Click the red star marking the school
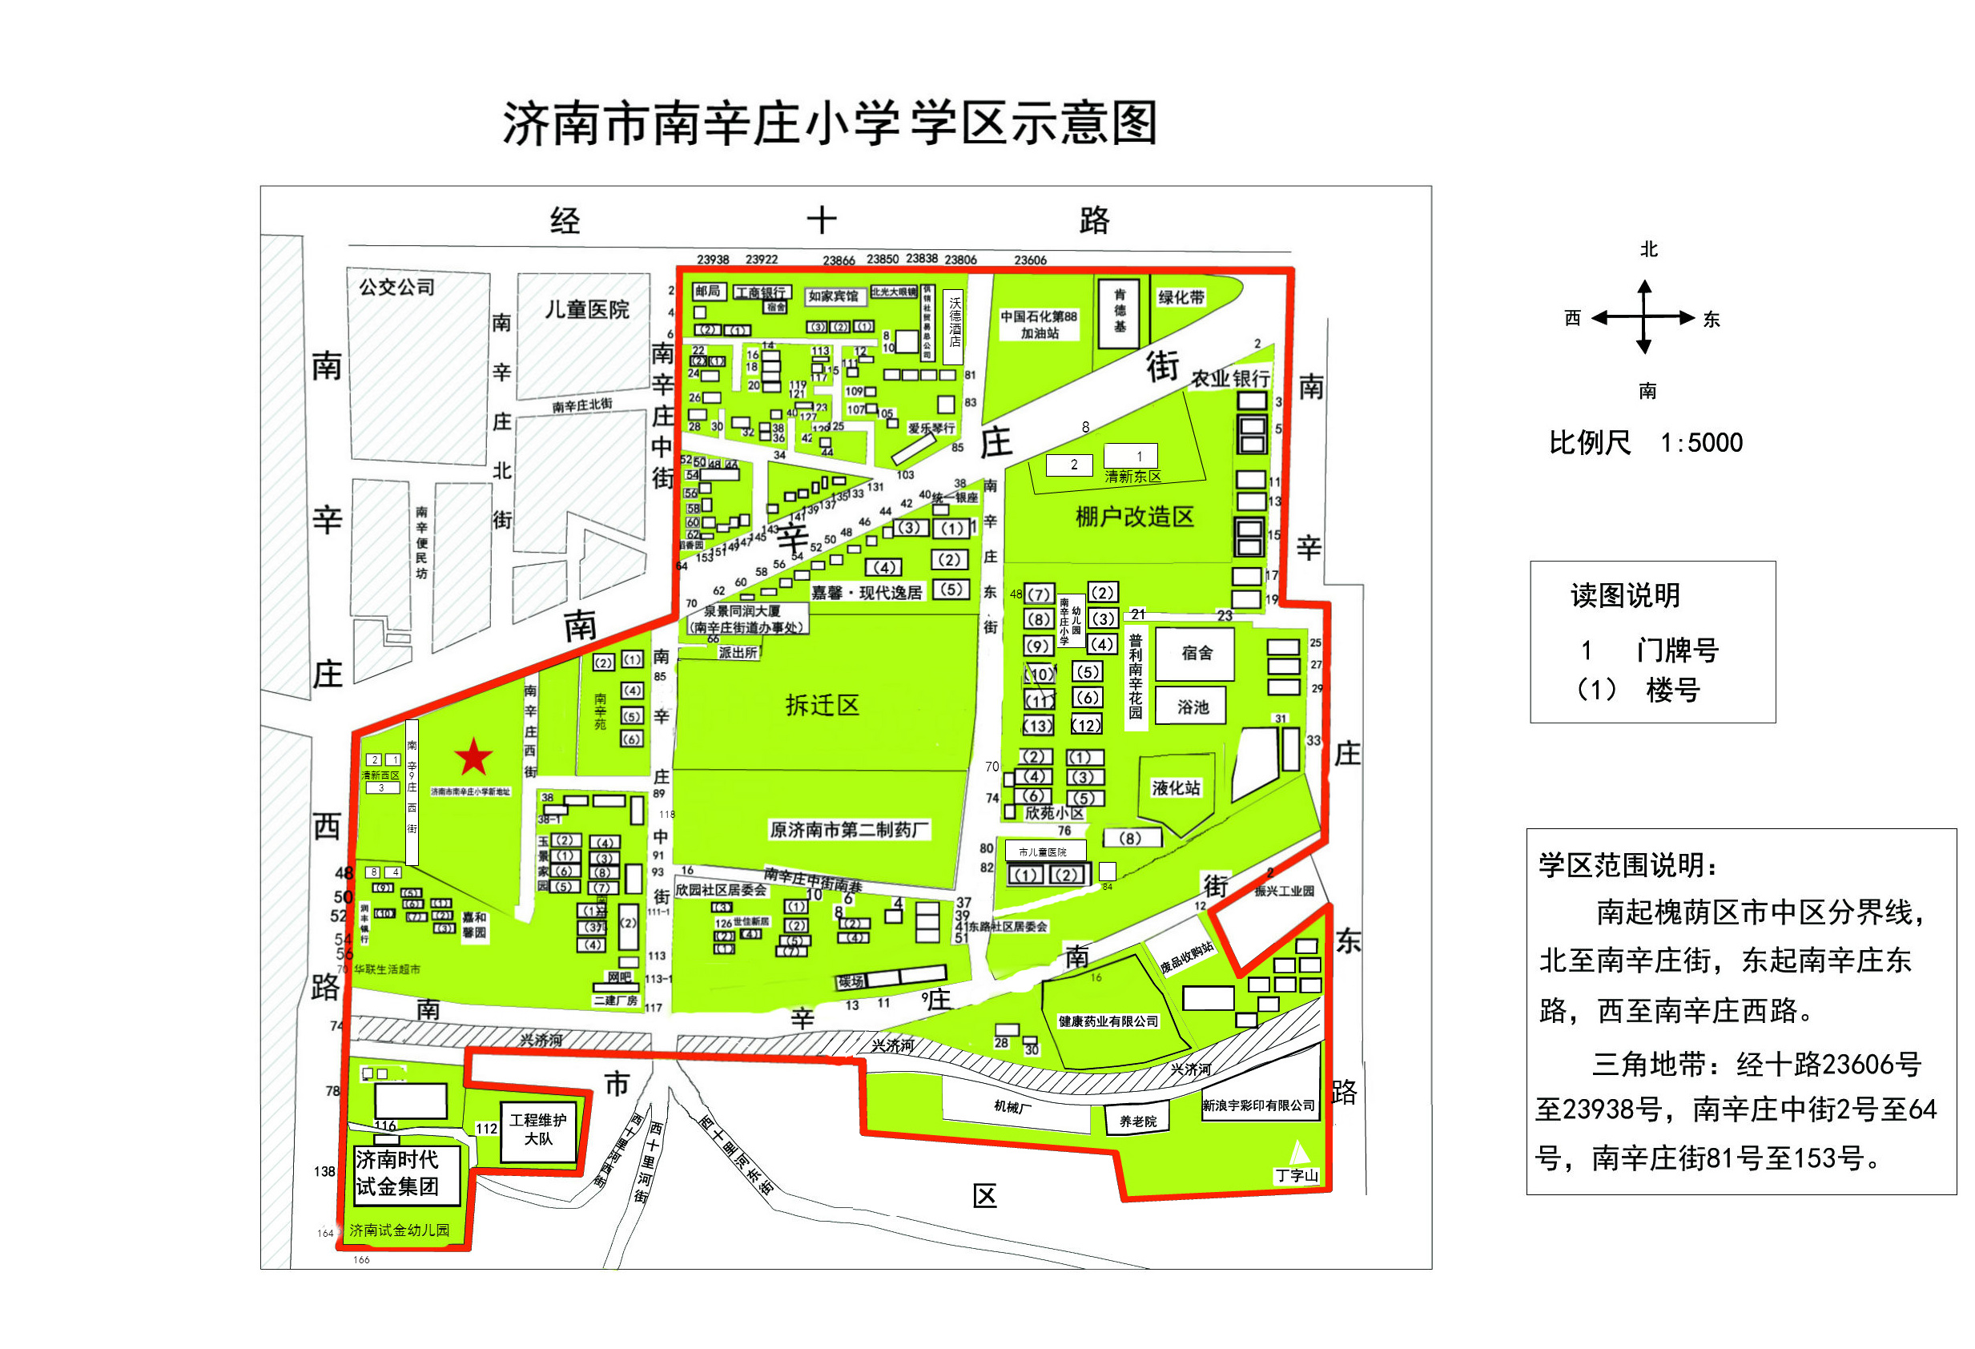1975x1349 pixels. click(x=473, y=756)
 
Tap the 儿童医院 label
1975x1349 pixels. click(x=586, y=309)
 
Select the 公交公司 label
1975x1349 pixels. click(x=397, y=288)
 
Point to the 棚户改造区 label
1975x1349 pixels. click(x=1135, y=517)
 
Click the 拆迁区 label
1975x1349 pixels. click(x=822, y=705)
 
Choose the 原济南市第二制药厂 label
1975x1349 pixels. click(x=849, y=829)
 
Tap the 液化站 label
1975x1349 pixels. click(x=1177, y=788)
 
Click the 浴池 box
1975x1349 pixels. click(x=1193, y=707)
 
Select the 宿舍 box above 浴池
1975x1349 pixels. click(x=1196, y=653)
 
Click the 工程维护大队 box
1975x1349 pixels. click(x=538, y=1130)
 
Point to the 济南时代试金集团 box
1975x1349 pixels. click(x=406, y=1173)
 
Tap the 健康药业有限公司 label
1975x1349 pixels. click(x=1108, y=1021)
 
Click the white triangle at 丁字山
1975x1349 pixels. click(x=1298, y=1153)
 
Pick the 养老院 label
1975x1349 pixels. click(x=1138, y=1121)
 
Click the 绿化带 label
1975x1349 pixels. click(x=1181, y=297)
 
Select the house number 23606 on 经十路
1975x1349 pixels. click(x=1030, y=260)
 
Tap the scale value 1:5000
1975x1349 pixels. click(x=1701, y=443)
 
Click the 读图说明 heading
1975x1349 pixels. click(x=1625, y=595)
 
